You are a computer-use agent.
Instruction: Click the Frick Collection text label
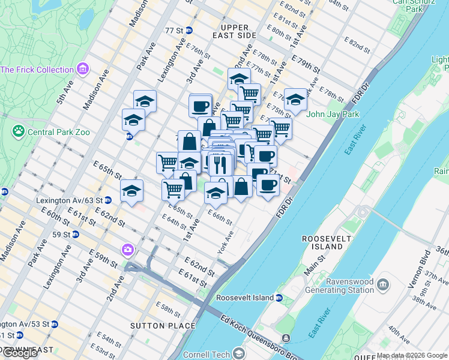37,70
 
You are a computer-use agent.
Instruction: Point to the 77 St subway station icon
189,30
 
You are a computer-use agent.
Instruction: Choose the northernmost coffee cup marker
200,106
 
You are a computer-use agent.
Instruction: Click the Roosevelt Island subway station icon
279,297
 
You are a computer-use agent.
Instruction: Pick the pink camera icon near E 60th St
128,250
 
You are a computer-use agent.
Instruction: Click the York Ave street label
226,242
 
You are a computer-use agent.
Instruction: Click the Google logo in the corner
20,353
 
